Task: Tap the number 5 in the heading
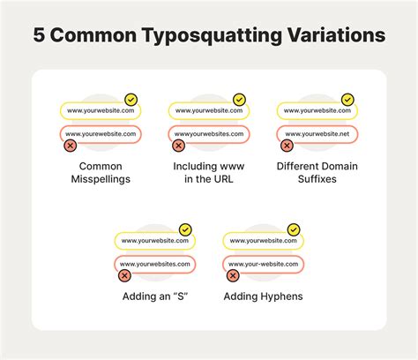click(40, 35)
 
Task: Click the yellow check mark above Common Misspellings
click(131, 100)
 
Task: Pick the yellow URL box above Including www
click(208, 111)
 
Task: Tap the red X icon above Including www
click(178, 146)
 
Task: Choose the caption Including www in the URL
click(209, 172)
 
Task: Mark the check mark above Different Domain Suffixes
click(347, 100)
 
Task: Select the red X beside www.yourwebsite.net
click(287, 146)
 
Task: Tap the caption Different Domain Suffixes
click(317, 172)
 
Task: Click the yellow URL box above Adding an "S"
click(154, 241)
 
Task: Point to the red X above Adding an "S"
click(124, 275)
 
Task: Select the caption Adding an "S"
click(156, 296)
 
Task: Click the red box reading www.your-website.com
click(263, 264)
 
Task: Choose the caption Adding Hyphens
click(263, 296)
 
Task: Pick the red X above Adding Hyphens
click(233, 275)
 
